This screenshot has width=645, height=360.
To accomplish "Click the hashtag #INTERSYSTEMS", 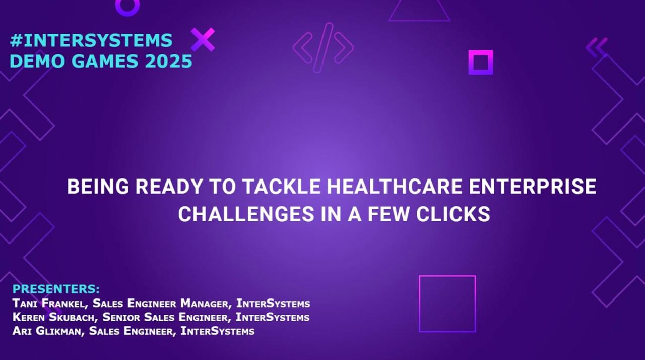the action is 91,40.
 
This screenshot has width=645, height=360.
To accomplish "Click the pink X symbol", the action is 203,40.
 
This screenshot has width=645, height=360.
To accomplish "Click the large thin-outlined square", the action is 420,304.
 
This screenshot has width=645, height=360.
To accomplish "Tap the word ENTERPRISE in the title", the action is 533,187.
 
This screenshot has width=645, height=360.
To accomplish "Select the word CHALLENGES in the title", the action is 246,214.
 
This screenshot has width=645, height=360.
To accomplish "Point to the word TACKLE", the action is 282,187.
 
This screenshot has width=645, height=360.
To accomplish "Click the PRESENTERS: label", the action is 56,289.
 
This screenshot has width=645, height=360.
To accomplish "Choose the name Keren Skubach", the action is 54,317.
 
